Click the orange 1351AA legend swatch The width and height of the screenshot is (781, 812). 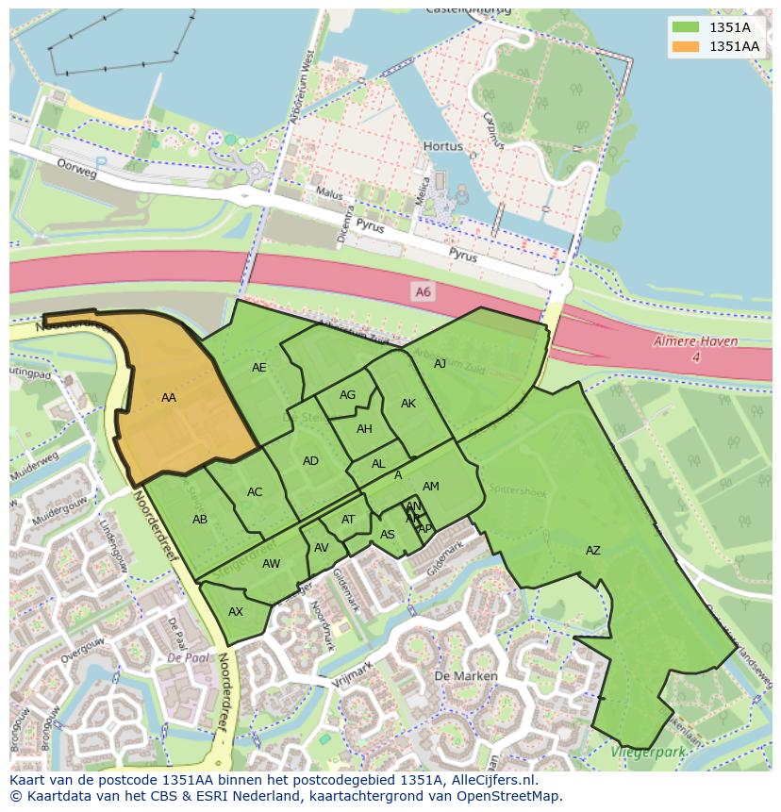(685, 46)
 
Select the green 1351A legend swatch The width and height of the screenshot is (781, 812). (685, 27)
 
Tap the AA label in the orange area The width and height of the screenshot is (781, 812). (169, 398)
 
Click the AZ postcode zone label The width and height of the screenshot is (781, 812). (592, 551)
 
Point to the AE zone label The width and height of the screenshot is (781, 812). (259, 368)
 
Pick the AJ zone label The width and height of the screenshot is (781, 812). (440, 364)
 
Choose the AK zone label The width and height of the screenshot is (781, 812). (407, 404)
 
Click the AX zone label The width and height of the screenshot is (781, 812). (236, 612)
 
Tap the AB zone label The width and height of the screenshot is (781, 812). (200, 520)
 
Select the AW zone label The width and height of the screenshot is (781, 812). (271, 564)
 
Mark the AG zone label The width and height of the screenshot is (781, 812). (347, 395)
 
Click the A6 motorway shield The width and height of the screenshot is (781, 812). (423, 293)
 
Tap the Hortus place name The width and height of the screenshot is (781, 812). (442, 147)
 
